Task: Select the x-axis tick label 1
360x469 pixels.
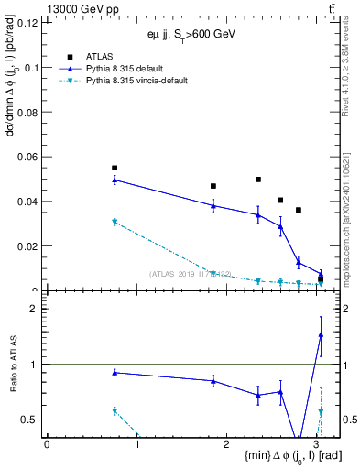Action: click(x=136, y=443)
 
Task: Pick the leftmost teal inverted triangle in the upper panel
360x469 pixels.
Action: click(x=115, y=222)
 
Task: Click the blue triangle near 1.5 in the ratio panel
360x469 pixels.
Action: click(x=321, y=335)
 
